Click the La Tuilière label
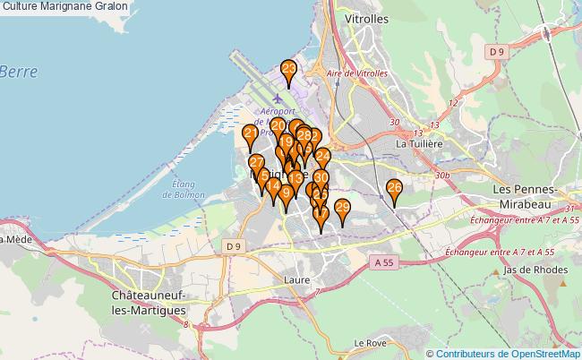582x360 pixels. coord(420,143)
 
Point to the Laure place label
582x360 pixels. coord(297,279)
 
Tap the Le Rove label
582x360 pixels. coord(369,342)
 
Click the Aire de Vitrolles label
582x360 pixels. coord(357,73)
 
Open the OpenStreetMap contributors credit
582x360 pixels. coord(508,353)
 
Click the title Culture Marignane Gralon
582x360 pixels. coord(64,6)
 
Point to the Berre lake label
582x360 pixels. coord(15,72)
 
